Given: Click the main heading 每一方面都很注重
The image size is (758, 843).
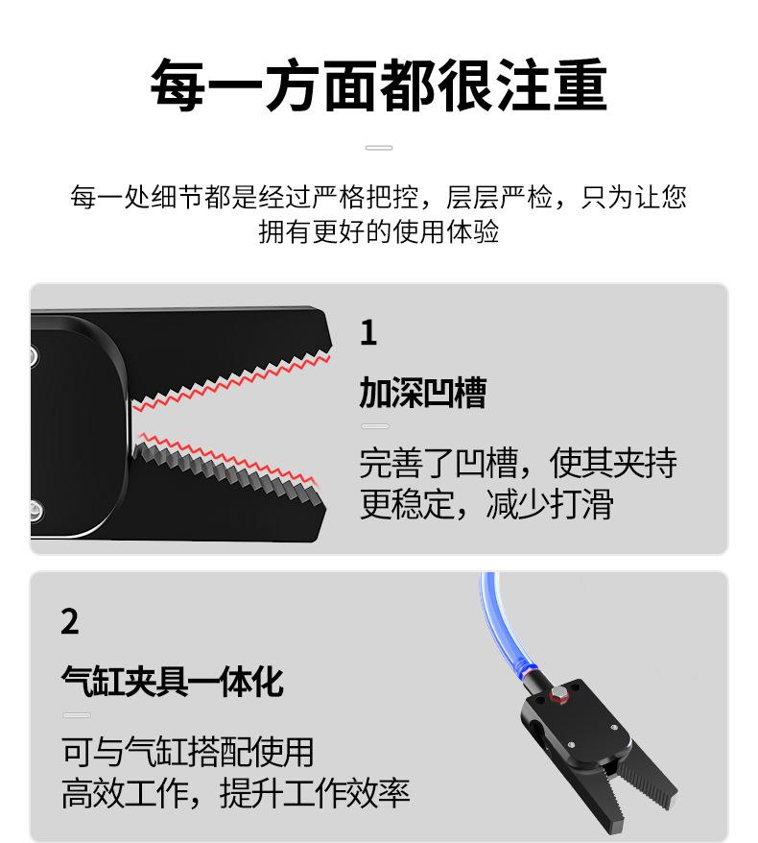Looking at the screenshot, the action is (x=379, y=84).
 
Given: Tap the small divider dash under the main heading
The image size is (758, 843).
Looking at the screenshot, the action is (x=379, y=147).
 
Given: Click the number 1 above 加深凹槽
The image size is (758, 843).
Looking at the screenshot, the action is (x=368, y=333).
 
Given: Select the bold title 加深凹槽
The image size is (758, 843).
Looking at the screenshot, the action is (x=423, y=393).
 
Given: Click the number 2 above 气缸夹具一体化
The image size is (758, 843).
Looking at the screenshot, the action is (x=70, y=622).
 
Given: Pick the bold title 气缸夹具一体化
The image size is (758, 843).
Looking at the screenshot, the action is (x=172, y=682).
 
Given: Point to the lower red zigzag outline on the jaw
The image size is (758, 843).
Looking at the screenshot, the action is (x=225, y=457).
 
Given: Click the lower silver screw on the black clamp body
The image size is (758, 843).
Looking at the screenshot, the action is (x=36, y=509).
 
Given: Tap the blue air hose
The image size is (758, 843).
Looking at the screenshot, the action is (x=501, y=623).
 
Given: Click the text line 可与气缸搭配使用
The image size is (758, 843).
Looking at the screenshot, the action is (x=187, y=752).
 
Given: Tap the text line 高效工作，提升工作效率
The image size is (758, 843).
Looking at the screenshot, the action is (x=235, y=793).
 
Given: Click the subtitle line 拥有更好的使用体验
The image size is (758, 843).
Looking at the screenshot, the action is (x=379, y=231).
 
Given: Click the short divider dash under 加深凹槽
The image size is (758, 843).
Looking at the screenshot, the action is (x=375, y=426).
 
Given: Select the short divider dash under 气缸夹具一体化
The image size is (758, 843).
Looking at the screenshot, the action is (x=77, y=715).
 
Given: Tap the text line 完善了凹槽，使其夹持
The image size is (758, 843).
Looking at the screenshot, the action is (x=518, y=463).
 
